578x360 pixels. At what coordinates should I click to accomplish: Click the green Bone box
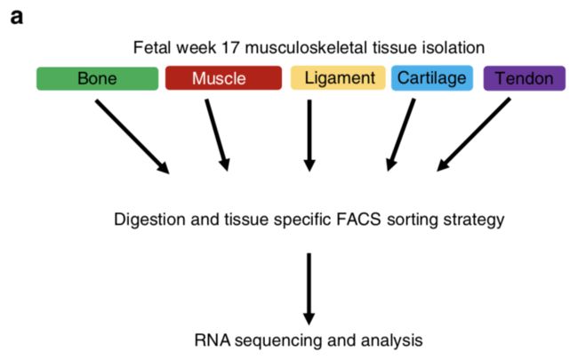97,78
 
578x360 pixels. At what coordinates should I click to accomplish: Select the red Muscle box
223,78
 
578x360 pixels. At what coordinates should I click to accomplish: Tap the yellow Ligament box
338,78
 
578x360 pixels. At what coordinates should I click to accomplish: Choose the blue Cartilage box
432,78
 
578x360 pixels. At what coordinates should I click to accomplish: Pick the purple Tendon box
524,78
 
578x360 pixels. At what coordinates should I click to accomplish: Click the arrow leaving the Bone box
132,136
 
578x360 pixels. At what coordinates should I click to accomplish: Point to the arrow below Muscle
218,135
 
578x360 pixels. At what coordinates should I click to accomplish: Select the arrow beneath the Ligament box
309,136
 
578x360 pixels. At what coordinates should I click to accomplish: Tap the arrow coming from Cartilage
401,135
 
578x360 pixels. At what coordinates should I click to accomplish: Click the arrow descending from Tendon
474,134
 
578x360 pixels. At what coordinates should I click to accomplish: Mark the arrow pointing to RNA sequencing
309,289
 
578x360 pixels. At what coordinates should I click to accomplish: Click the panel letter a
17,17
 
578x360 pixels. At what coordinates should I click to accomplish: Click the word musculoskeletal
306,47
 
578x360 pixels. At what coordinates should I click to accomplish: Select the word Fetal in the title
152,47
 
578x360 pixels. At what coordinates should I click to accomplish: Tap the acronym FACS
358,220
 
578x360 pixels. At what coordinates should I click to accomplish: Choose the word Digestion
150,220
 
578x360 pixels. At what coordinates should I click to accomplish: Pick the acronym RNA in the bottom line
212,340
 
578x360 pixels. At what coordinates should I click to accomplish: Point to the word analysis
392,340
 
